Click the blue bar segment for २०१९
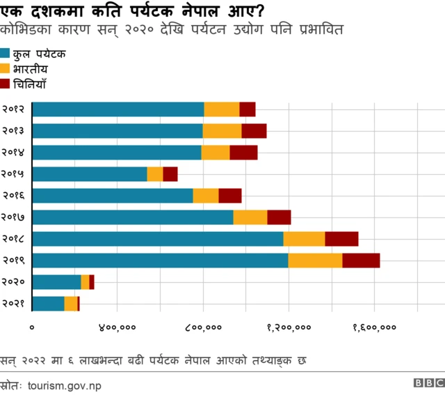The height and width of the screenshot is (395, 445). click(160, 261)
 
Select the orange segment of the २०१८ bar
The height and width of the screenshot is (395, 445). click(304, 239)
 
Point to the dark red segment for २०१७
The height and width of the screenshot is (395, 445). click(279, 217)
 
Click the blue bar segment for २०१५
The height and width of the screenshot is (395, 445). click(90, 174)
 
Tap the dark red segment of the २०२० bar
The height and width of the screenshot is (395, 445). click(92, 282)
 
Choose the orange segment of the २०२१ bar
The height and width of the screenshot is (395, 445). click(71, 304)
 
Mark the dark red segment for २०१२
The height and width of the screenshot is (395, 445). click(248, 109)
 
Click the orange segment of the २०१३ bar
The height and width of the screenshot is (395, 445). click(222, 131)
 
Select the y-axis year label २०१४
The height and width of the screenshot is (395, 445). click(14, 153)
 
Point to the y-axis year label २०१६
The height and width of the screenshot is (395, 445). click(14, 196)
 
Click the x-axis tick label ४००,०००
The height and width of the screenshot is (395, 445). click(118, 327)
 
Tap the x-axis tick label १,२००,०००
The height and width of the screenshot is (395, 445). click(289, 327)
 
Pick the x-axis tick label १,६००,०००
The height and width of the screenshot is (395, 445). click(374, 327)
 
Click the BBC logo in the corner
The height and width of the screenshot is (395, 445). click(428, 383)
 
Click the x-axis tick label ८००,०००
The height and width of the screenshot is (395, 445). click(203, 327)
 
